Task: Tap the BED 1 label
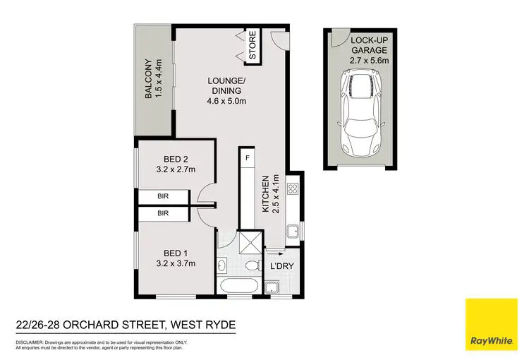(174, 258)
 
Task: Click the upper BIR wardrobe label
(163, 198)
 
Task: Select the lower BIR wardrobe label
(163, 212)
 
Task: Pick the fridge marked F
(248, 157)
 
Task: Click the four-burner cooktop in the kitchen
(293, 189)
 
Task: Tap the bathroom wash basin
(222, 265)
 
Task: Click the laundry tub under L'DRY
(271, 287)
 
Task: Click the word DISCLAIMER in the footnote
(30, 342)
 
